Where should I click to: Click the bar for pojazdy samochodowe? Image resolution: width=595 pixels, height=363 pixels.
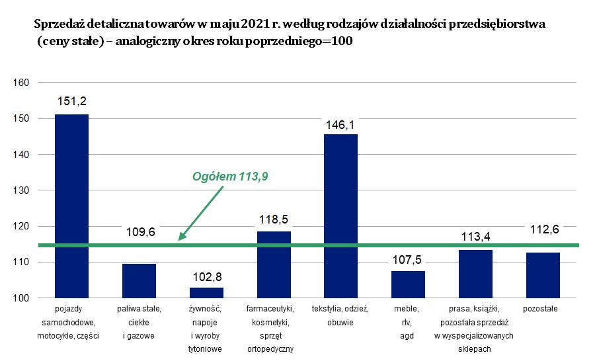(71, 206)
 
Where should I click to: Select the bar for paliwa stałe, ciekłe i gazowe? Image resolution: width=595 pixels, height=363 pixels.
(139, 281)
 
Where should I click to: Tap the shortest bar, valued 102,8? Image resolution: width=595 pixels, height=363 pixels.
(206, 293)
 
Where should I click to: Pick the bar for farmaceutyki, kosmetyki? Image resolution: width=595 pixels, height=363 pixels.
(274, 264)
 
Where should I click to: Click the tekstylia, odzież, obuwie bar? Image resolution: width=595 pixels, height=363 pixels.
(340, 216)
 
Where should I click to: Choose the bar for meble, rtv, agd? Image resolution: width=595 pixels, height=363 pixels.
(408, 284)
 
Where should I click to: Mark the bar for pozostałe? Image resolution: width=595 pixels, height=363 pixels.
(543, 275)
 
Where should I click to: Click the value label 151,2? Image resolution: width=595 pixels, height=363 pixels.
(71, 102)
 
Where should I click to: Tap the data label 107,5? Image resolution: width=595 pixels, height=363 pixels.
(408, 259)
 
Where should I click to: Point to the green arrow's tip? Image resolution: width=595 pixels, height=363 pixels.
(180, 239)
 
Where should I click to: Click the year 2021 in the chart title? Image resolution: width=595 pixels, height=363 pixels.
(254, 24)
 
